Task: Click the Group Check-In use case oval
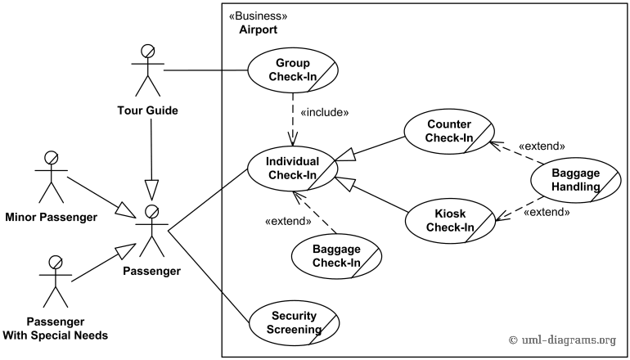[293, 71]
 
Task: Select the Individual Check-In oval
[292, 168]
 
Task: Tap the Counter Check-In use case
[449, 131]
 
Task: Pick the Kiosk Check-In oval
[449, 221]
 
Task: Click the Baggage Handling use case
[575, 180]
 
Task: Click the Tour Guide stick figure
[147, 70]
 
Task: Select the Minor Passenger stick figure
[50, 176]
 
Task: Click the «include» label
[325, 113]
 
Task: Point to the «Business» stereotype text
[259, 16]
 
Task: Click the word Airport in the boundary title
[258, 29]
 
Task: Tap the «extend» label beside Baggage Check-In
[289, 220]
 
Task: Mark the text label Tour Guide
[147, 110]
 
